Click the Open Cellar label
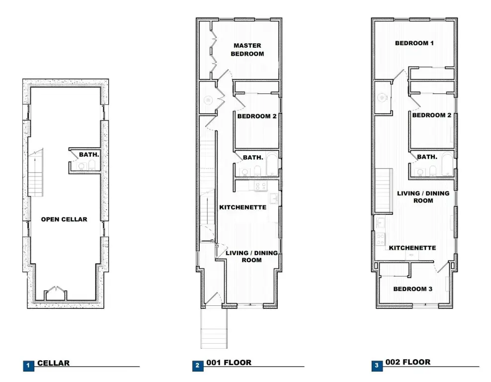coord(64,219)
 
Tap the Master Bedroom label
coord(247,50)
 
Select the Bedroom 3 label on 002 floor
coord(412,289)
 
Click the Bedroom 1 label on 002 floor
coord(414,43)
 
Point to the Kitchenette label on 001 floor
coord(243,207)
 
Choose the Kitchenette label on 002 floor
coord(412,248)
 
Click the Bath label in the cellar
coord(89,155)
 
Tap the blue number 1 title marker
coord(28,366)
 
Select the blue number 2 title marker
coord(198,366)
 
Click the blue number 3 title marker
coord(377,366)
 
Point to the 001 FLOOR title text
coord(229,363)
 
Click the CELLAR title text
coord(54,363)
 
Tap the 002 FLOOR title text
coord(408,362)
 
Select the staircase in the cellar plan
coord(36,173)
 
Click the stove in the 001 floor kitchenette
coord(260,186)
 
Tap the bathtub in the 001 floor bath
coord(272,164)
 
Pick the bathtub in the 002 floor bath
coord(447,164)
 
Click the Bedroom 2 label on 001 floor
coord(257,116)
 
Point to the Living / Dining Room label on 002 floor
coord(423,197)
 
